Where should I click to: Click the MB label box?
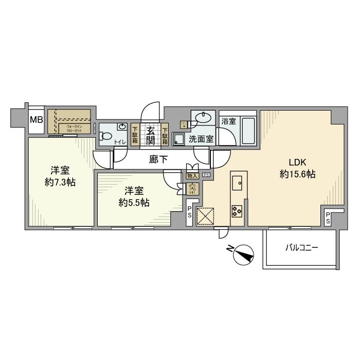pyautogui.click(x=35, y=121)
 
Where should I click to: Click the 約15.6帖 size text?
pyautogui.click(x=297, y=174)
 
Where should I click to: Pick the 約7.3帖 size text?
pyautogui.click(x=60, y=182)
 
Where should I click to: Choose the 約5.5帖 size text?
pyautogui.click(x=134, y=203)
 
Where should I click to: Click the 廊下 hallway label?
pyautogui.click(x=158, y=159)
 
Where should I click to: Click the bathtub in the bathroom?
pyautogui.click(x=248, y=132)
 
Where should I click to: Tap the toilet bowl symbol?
pyautogui.click(x=106, y=137)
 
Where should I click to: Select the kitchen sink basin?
pyautogui.click(x=238, y=183)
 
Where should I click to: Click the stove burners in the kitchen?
pyautogui.click(x=238, y=210)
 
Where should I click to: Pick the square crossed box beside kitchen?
pyautogui.click(x=206, y=216)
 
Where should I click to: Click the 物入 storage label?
pyautogui.click(x=191, y=176)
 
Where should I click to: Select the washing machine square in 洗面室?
pyautogui.click(x=179, y=139)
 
